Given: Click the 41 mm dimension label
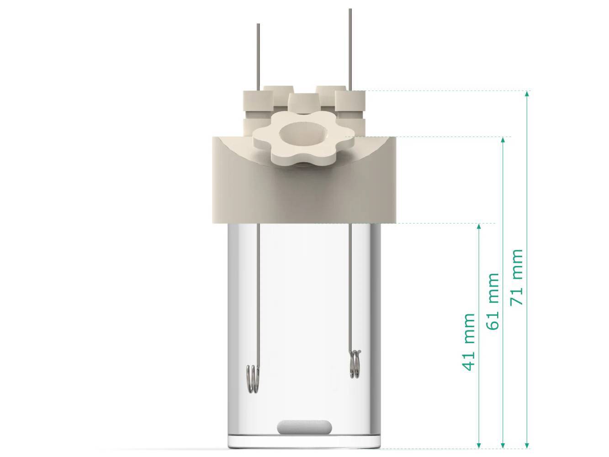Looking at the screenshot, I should click(469, 342).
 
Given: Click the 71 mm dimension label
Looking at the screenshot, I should click(517, 277).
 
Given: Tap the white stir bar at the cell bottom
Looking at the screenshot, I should click(304, 426).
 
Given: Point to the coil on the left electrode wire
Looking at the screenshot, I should click(253, 379).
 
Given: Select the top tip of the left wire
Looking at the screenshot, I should click(258, 25).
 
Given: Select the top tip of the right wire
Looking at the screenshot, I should click(350, 10).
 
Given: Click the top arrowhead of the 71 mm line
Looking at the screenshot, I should click(527, 94).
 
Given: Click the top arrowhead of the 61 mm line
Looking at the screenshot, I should click(503, 139).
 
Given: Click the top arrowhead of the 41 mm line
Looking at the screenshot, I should click(479, 226).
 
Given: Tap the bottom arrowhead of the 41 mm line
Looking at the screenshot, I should click(479, 445).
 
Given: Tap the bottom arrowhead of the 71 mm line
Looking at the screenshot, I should click(527, 445).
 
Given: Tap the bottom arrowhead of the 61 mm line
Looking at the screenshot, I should click(503, 445).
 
